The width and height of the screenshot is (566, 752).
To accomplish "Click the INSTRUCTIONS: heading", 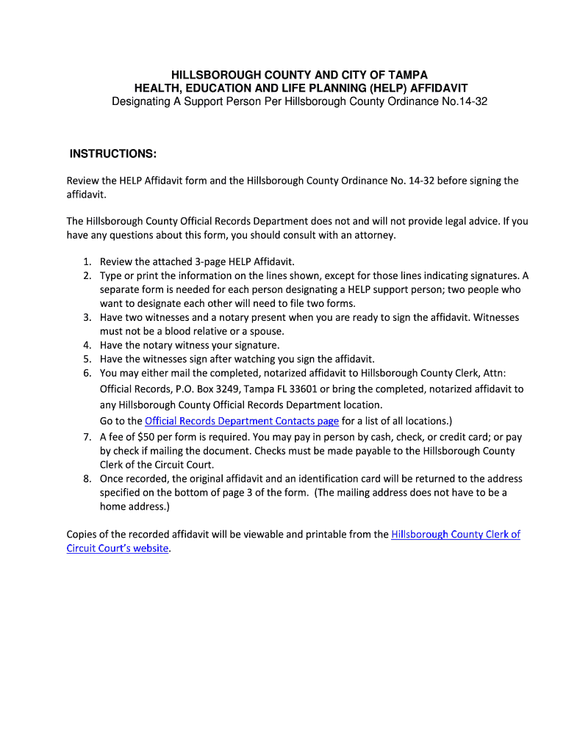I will [112, 153].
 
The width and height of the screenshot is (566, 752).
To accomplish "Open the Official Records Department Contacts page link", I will [242, 421].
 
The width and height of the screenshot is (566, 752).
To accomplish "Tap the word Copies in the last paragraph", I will [83, 535].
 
